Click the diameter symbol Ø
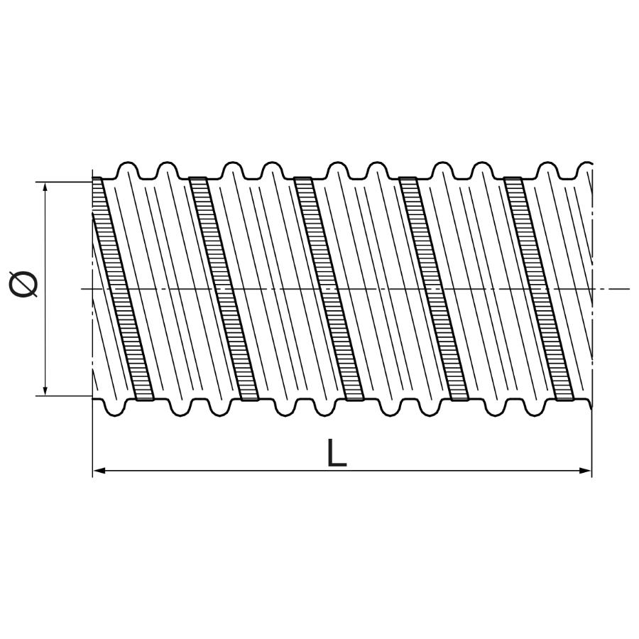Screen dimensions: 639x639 coord(23,283)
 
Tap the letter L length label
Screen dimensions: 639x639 coord(337,453)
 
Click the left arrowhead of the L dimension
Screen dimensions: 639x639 coord(99,471)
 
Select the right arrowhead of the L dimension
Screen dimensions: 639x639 coord(585,471)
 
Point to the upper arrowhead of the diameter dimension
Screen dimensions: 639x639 coord(45,188)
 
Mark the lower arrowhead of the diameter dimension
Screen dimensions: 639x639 coord(45,389)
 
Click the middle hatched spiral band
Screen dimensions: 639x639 coord(328,288)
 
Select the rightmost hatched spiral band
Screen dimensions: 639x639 coord(539,288)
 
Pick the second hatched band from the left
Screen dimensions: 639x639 coord(224,288)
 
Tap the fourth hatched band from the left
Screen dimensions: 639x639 coord(434,288)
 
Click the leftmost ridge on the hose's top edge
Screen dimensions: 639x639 coord(129,170)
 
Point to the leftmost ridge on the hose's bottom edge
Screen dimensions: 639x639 coord(115,408)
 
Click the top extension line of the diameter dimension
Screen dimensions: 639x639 coord(65,182)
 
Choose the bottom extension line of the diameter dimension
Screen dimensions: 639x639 coord(65,395)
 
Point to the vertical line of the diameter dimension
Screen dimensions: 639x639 coord(45,289)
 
